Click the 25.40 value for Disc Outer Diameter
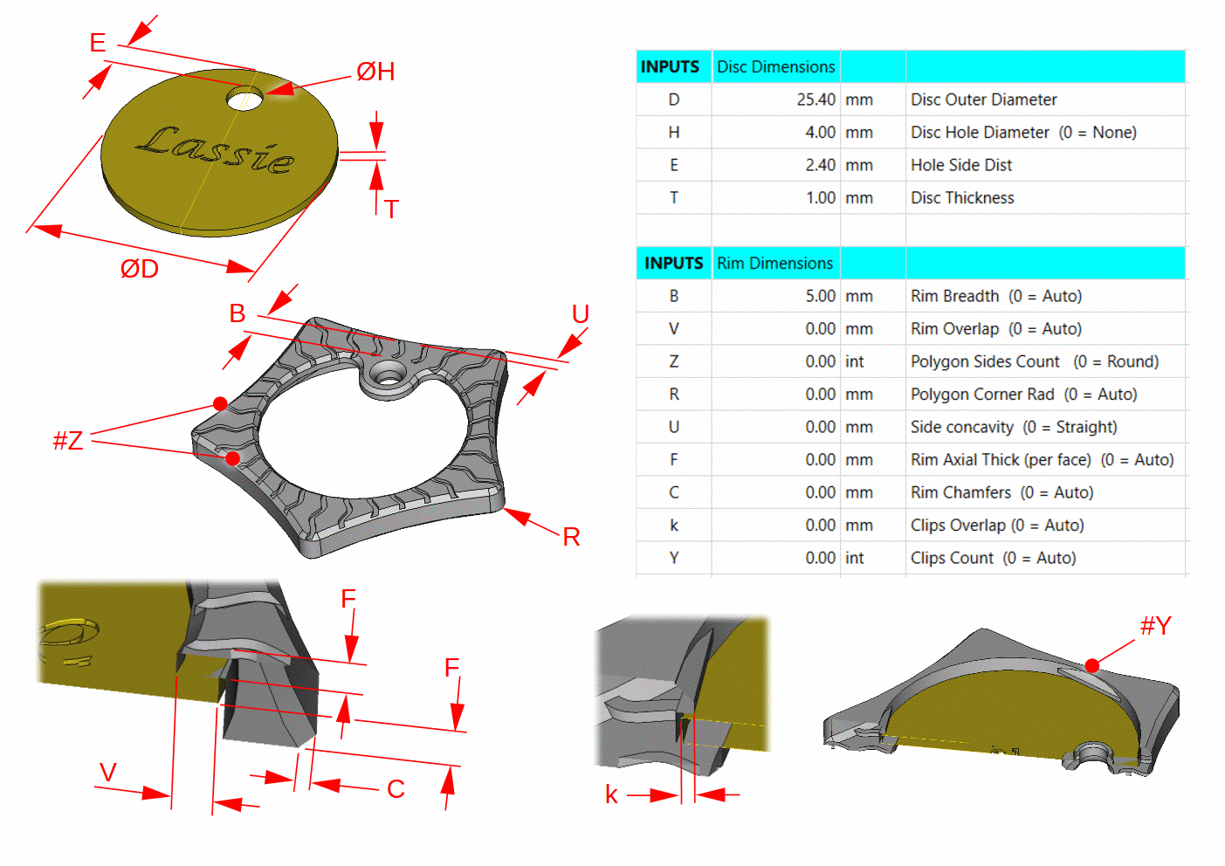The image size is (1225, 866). click(x=816, y=100)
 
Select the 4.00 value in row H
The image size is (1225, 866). click(x=820, y=133)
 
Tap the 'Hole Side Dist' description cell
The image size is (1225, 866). click(x=960, y=165)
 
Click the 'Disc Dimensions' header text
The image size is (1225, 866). click(x=775, y=67)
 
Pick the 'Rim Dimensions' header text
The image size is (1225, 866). click(x=774, y=264)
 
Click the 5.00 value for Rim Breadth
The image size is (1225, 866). click(x=820, y=296)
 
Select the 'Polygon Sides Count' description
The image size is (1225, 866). click(x=984, y=361)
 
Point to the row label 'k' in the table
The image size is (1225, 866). click(x=673, y=526)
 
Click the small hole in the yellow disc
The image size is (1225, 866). click(x=244, y=100)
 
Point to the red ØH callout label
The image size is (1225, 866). click(x=375, y=72)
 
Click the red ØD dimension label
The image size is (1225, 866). click(x=140, y=269)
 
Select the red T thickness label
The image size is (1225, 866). click(x=391, y=210)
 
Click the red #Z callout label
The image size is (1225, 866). click(x=68, y=441)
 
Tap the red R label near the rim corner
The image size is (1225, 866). click(x=571, y=537)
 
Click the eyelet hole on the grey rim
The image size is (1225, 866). click(x=385, y=378)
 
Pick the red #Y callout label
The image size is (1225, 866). click(x=1155, y=626)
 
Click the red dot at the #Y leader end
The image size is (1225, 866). click(x=1091, y=666)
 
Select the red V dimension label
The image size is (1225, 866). click(x=107, y=772)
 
